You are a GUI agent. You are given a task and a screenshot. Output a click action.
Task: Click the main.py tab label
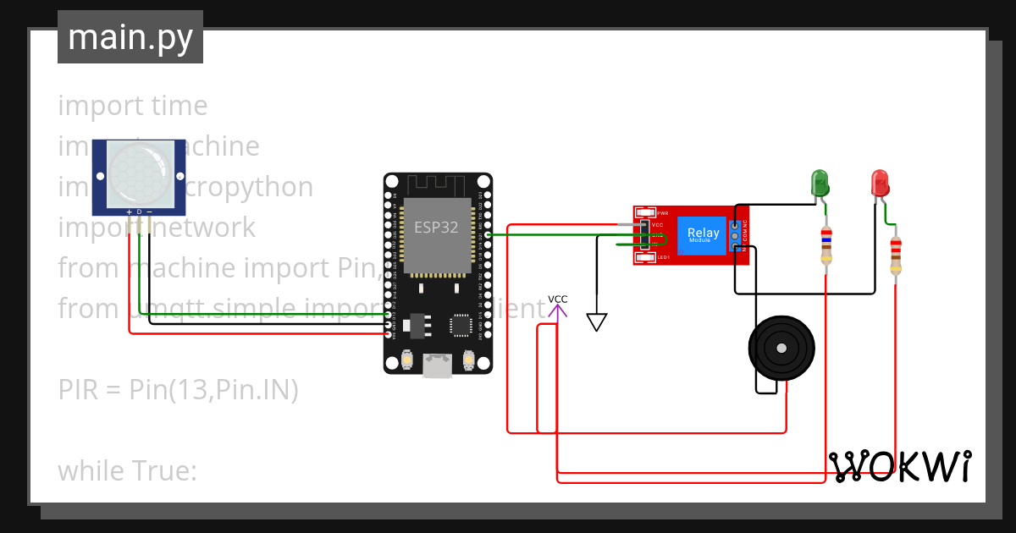[130, 38]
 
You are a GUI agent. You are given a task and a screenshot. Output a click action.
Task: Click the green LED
[820, 183]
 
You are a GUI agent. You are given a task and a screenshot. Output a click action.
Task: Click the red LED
[880, 183]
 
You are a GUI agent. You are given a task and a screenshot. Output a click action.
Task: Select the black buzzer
[781, 348]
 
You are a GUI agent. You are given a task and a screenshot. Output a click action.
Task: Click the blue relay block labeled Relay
[704, 235]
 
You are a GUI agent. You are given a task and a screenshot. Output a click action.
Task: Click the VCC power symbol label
[557, 299]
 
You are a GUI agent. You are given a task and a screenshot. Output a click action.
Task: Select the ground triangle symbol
[597, 322]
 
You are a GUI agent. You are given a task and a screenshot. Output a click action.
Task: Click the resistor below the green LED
[827, 246]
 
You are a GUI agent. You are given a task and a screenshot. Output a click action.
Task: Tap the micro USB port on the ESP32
[438, 365]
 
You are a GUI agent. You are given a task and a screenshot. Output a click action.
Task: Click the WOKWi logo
[900, 466]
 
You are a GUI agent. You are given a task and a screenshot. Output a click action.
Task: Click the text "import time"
[133, 106]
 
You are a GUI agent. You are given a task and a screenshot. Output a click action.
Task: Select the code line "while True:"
[127, 470]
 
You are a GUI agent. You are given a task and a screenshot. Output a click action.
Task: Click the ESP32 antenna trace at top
[437, 184]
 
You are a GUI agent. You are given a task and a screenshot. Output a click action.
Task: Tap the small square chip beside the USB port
[461, 325]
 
